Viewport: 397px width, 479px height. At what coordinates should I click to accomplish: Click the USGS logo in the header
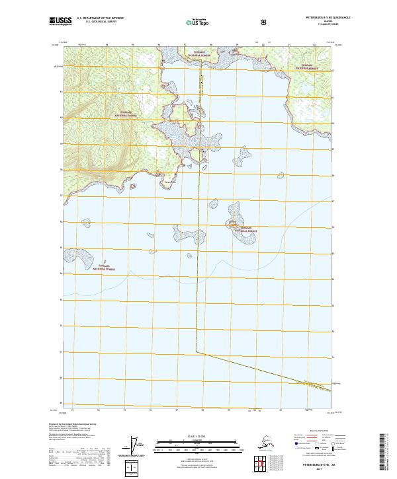[x=60, y=21]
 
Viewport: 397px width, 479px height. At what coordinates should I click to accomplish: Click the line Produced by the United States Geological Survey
[x=73, y=424]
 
